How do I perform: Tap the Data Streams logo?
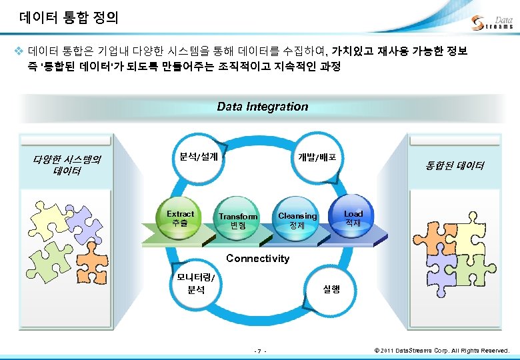click(492, 23)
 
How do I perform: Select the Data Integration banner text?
click(262, 107)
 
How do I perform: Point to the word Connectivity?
click(258, 259)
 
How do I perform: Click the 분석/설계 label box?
click(199, 156)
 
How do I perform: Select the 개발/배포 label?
click(321, 157)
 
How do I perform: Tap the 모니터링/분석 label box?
click(196, 284)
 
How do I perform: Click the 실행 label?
click(331, 289)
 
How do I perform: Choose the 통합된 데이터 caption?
click(455, 165)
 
